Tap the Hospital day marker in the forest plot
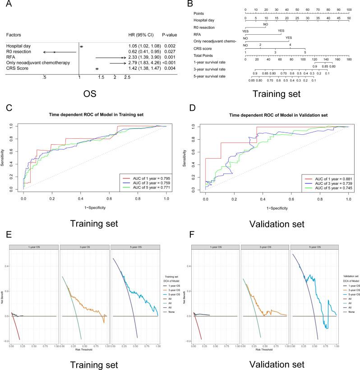pos(81,46)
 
